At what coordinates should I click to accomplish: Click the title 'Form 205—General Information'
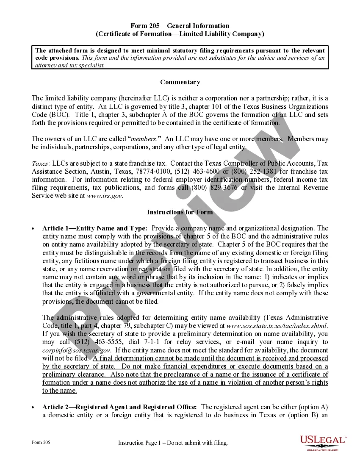(180, 26)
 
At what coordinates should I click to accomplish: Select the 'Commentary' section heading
(180, 82)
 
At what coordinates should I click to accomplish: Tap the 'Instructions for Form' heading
(180, 212)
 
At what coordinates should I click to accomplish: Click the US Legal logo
(323, 442)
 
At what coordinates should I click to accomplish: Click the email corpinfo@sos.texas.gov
(77, 350)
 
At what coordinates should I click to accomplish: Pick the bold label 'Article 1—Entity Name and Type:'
(95, 228)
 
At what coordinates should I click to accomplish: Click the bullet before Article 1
(33, 229)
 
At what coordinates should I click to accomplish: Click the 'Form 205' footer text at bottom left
(41, 442)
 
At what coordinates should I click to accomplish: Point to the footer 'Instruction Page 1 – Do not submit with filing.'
(173, 443)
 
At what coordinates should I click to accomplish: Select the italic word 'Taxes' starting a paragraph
(40, 164)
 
